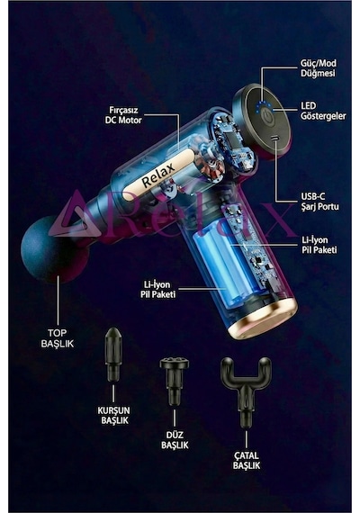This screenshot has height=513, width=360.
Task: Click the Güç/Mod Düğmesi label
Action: pos(318,68)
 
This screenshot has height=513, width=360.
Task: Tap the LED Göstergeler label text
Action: pos(323,111)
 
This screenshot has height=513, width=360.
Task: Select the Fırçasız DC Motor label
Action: pos(123,115)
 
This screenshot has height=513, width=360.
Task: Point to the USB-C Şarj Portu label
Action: pos(319,202)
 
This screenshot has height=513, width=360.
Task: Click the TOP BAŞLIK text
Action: pos(58,338)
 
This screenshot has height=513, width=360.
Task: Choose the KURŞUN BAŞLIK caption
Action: pos(114,415)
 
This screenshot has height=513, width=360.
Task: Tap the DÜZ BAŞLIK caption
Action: pos(175,440)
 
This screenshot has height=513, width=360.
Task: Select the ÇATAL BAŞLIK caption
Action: pos(247,461)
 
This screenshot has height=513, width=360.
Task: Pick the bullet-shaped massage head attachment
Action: pos(113,355)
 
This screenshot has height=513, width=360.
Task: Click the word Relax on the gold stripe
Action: pos(158,175)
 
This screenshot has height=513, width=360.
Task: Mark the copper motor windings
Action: pos(213,165)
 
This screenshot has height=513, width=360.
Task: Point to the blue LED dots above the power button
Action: pos(265,105)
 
